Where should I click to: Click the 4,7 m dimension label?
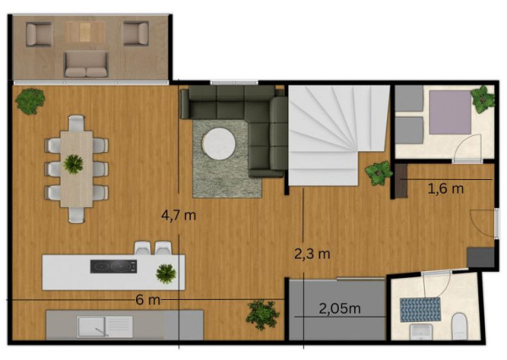(178, 215)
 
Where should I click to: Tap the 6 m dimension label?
(148, 300)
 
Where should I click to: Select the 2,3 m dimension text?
(313, 254)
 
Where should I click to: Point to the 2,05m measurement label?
(340, 309)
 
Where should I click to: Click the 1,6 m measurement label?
(445, 188)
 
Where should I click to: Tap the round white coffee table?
(219, 144)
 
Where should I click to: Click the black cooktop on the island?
(113, 266)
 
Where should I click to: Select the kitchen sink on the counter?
(105, 327)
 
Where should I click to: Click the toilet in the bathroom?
(459, 326)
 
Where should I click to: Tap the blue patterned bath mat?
(420, 310)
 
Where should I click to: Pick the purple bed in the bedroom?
(450, 112)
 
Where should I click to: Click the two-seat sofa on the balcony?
(86, 65)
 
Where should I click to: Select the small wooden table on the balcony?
(85, 32)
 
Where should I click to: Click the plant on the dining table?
(74, 164)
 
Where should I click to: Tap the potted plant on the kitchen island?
(166, 274)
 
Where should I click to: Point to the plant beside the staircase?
(378, 173)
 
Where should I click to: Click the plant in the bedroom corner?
(482, 99)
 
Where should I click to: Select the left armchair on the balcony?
(39, 34)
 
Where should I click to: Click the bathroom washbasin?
(421, 331)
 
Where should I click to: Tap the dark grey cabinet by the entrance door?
(481, 257)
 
